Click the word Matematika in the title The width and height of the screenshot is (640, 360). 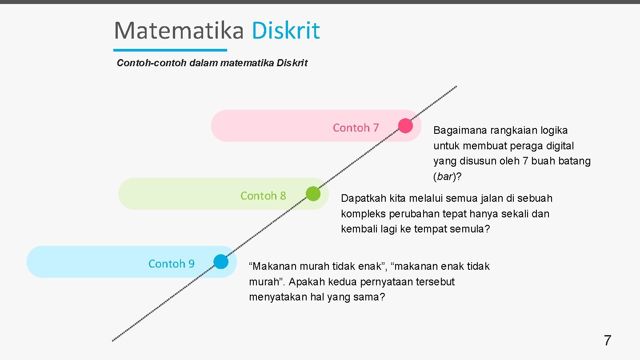coord(179,31)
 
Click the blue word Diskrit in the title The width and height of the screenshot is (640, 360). coord(285,31)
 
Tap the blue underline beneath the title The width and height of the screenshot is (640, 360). coord(170,50)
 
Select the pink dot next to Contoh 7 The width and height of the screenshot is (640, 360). coord(405,126)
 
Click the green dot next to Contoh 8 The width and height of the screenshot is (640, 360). coord(313,194)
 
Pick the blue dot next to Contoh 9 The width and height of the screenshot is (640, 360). coord(221,262)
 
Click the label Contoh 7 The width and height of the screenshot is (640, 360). coord(356,128)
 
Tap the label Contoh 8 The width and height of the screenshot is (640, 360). coord(263,196)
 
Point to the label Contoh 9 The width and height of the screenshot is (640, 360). coord(171,264)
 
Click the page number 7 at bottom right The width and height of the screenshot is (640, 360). coord(607,341)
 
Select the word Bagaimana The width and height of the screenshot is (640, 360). coord(460,131)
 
